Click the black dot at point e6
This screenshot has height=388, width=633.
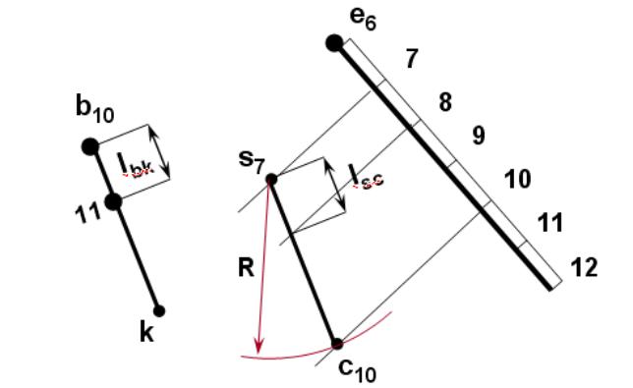[334, 43]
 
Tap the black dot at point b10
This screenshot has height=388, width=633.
[90, 146]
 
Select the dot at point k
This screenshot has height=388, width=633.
[159, 311]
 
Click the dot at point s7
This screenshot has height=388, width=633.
[271, 179]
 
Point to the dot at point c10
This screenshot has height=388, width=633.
[337, 344]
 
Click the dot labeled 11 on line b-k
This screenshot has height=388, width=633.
[114, 201]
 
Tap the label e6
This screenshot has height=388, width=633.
[364, 20]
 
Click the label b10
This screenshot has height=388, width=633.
[95, 109]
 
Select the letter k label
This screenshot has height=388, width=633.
[146, 332]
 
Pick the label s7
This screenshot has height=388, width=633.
[252, 162]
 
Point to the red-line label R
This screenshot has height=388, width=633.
[247, 267]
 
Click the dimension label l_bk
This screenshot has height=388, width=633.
[136, 165]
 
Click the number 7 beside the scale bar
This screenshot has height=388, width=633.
[412, 59]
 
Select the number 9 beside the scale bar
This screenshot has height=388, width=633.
[479, 136]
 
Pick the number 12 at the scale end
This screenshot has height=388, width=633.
[584, 267]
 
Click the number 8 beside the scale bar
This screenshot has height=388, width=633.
[445, 102]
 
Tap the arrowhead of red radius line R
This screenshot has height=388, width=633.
[259, 347]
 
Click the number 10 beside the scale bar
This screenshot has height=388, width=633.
[518, 179]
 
